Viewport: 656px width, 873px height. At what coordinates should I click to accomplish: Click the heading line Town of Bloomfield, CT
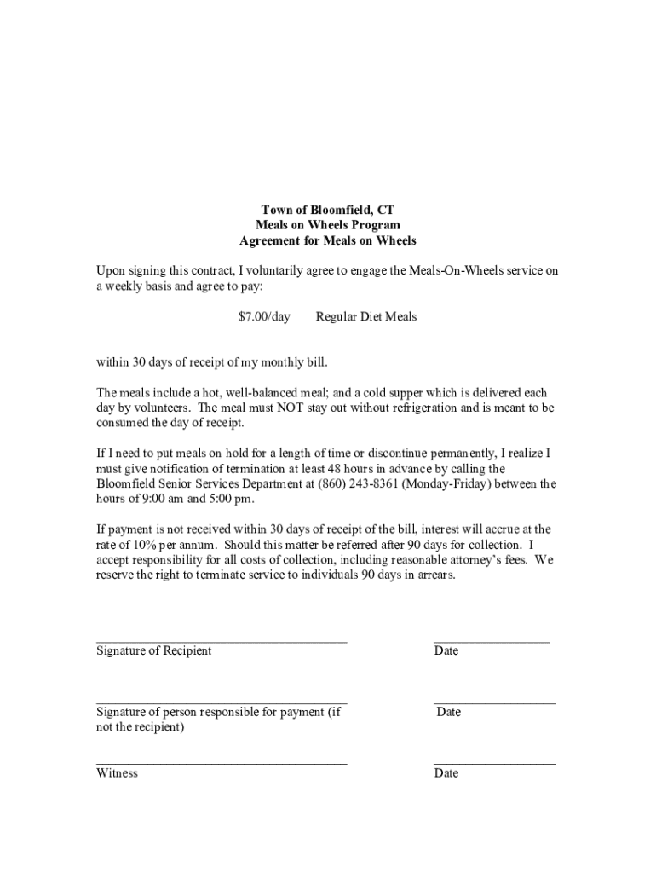(x=328, y=210)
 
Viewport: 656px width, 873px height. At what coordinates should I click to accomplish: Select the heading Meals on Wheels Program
(x=328, y=225)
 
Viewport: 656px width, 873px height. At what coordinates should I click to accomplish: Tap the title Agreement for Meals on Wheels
(x=328, y=241)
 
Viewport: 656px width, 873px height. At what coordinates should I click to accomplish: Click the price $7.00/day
(x=264, y=317)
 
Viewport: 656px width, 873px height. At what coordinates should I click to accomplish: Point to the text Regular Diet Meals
(x=366, y=317)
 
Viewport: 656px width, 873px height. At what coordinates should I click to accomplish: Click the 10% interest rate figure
(x=140, y=545)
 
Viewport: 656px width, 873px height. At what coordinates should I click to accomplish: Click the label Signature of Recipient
(x=153, y=651)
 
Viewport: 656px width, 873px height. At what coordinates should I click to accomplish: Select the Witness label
(x=117, y=773)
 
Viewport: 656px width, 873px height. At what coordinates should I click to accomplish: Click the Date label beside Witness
(x=446, y=773)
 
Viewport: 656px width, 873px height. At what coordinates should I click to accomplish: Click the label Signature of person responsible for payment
(x=218, y=712)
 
